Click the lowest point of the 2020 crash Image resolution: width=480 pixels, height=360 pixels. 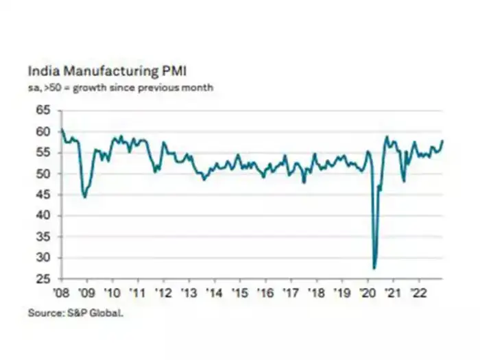(x=374, y=268)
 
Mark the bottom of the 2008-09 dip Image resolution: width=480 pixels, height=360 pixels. (x=84, y=197)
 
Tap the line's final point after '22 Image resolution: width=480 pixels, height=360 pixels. (x=443, y=141)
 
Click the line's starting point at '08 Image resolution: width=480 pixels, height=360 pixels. (x=62, y=129)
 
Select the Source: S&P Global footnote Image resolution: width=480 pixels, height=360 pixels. (x=76, y=313)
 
